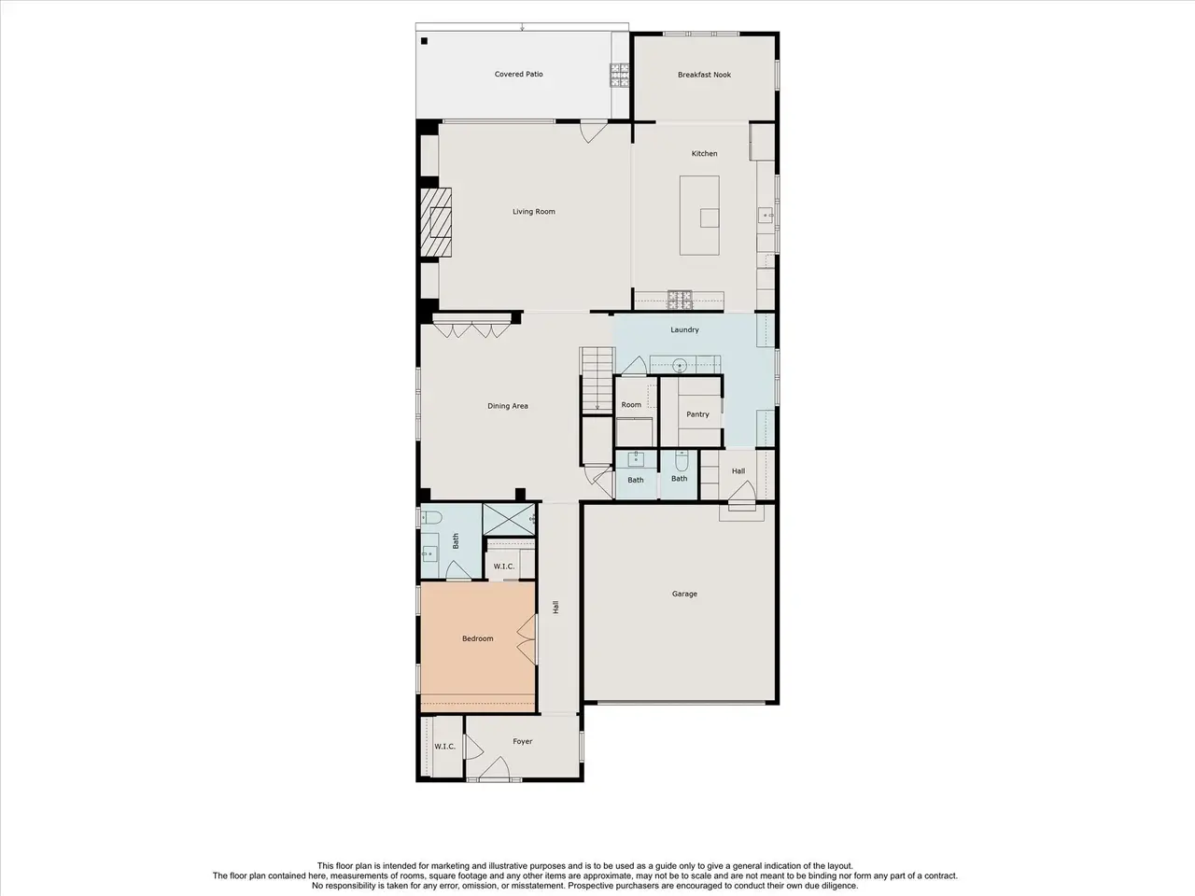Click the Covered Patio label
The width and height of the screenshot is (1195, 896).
[x=518, y=74]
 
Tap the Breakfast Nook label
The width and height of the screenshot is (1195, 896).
[x=704, y=75]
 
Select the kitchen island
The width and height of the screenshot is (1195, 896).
[x=699, y=216]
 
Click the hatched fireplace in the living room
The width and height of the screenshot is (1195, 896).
[x=436, y=222]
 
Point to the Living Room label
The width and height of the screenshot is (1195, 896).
[x=533, y=212]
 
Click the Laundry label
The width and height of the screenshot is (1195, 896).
[x=684, y=329]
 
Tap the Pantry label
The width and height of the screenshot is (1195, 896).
[x=697, y=414]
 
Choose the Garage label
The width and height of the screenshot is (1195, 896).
[x=684, y=595]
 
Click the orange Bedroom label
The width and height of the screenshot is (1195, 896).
[x=477, y=638]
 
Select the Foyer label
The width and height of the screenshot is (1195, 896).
[x=522, y=741]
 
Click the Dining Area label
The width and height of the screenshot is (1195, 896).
[x=507, y=406]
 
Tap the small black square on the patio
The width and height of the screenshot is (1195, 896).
[x=424, y=41]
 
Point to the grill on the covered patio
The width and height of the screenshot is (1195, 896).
[x=620, y=75]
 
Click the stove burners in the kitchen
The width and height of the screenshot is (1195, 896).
[x=680, y=300]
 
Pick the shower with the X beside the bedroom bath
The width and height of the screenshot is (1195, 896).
[x=509, y=520]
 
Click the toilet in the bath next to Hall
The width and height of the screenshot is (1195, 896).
[x=682, y=461]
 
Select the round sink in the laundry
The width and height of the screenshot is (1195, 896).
[x=679, y=365]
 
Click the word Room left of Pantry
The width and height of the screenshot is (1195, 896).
[x=631, y=405]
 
